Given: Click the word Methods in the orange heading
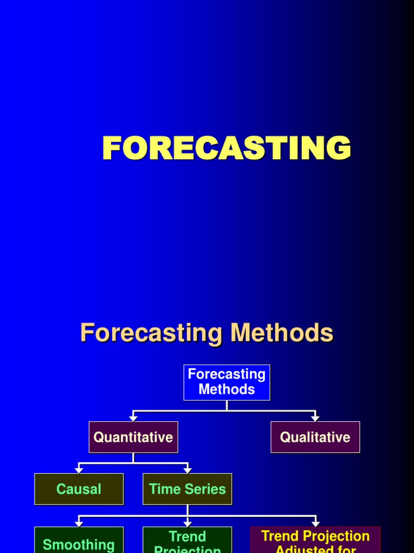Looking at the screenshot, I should [282, 333].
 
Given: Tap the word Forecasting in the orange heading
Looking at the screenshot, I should [151, 333].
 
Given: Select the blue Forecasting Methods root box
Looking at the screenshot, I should [226, 382].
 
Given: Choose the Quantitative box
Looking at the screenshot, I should [133, 437].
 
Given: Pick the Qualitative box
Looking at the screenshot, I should [315, 437].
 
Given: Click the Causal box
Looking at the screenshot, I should [79, 489].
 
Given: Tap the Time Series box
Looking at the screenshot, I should [187, 489].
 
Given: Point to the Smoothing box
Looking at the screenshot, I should [79, 541].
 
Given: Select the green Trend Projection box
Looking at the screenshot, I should [187, 541].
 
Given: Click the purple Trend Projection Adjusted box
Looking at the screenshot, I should [315, 541].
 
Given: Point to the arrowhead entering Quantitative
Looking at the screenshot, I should [133, 419].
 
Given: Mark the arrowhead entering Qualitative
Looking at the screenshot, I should [315, 419].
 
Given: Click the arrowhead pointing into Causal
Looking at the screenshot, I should [79, 470].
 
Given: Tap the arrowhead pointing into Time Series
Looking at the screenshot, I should [188, 470].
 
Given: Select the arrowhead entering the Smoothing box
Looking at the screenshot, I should [79, 523].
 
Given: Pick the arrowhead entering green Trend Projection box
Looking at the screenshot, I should [188, 523].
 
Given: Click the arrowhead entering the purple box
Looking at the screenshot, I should [315, 523].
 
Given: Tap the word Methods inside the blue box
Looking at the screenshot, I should [226, 389].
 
